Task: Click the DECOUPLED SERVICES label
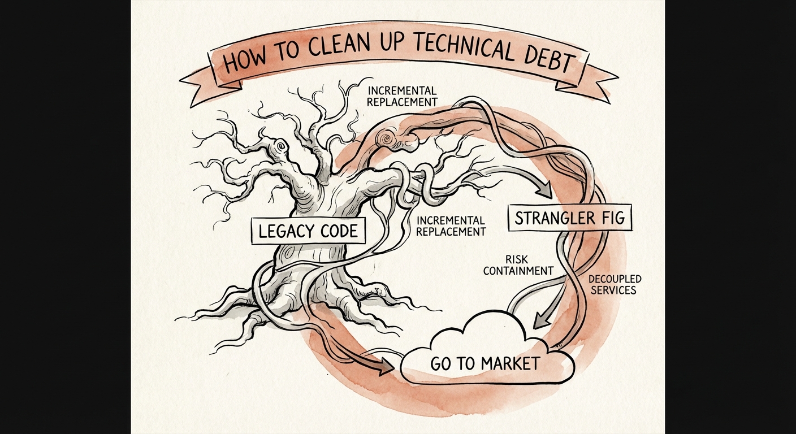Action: pos(615,284)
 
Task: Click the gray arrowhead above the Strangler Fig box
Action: pos(546,189)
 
